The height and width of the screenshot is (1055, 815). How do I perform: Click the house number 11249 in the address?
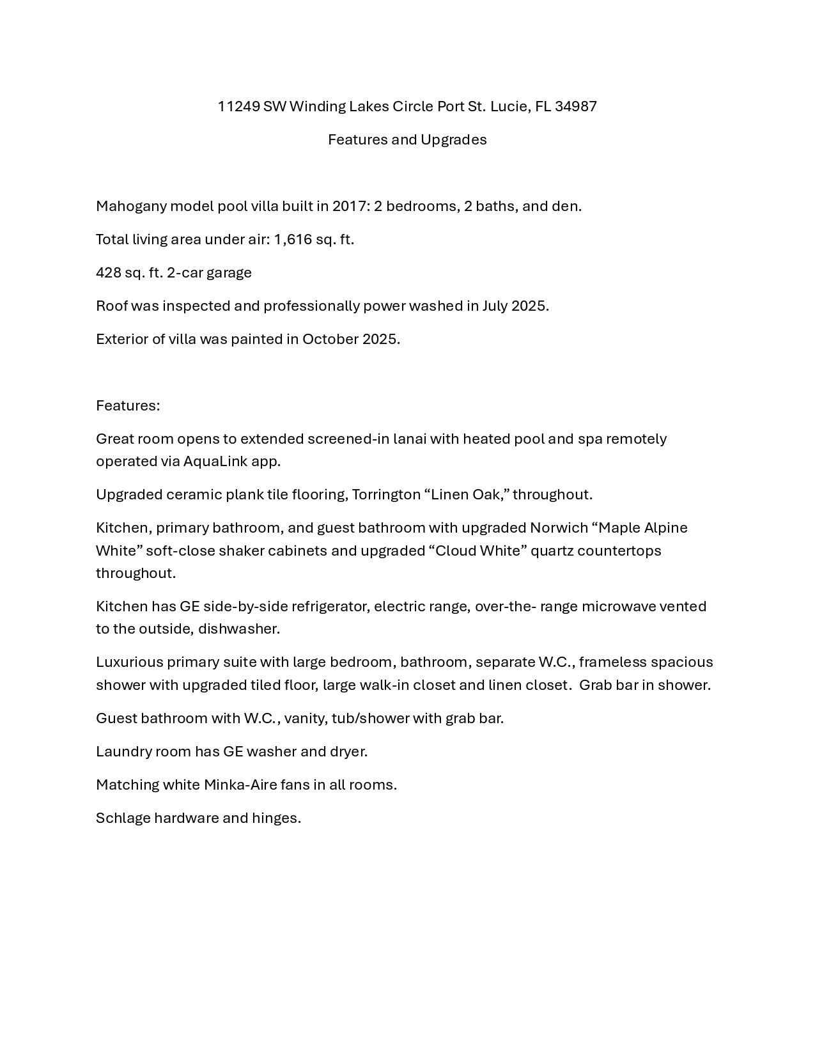238,107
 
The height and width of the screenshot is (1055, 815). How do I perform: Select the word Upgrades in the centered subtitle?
458,140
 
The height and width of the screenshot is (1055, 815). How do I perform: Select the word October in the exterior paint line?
330,340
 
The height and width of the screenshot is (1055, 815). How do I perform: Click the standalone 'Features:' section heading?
128,406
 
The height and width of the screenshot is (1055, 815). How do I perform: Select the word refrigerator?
330,607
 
